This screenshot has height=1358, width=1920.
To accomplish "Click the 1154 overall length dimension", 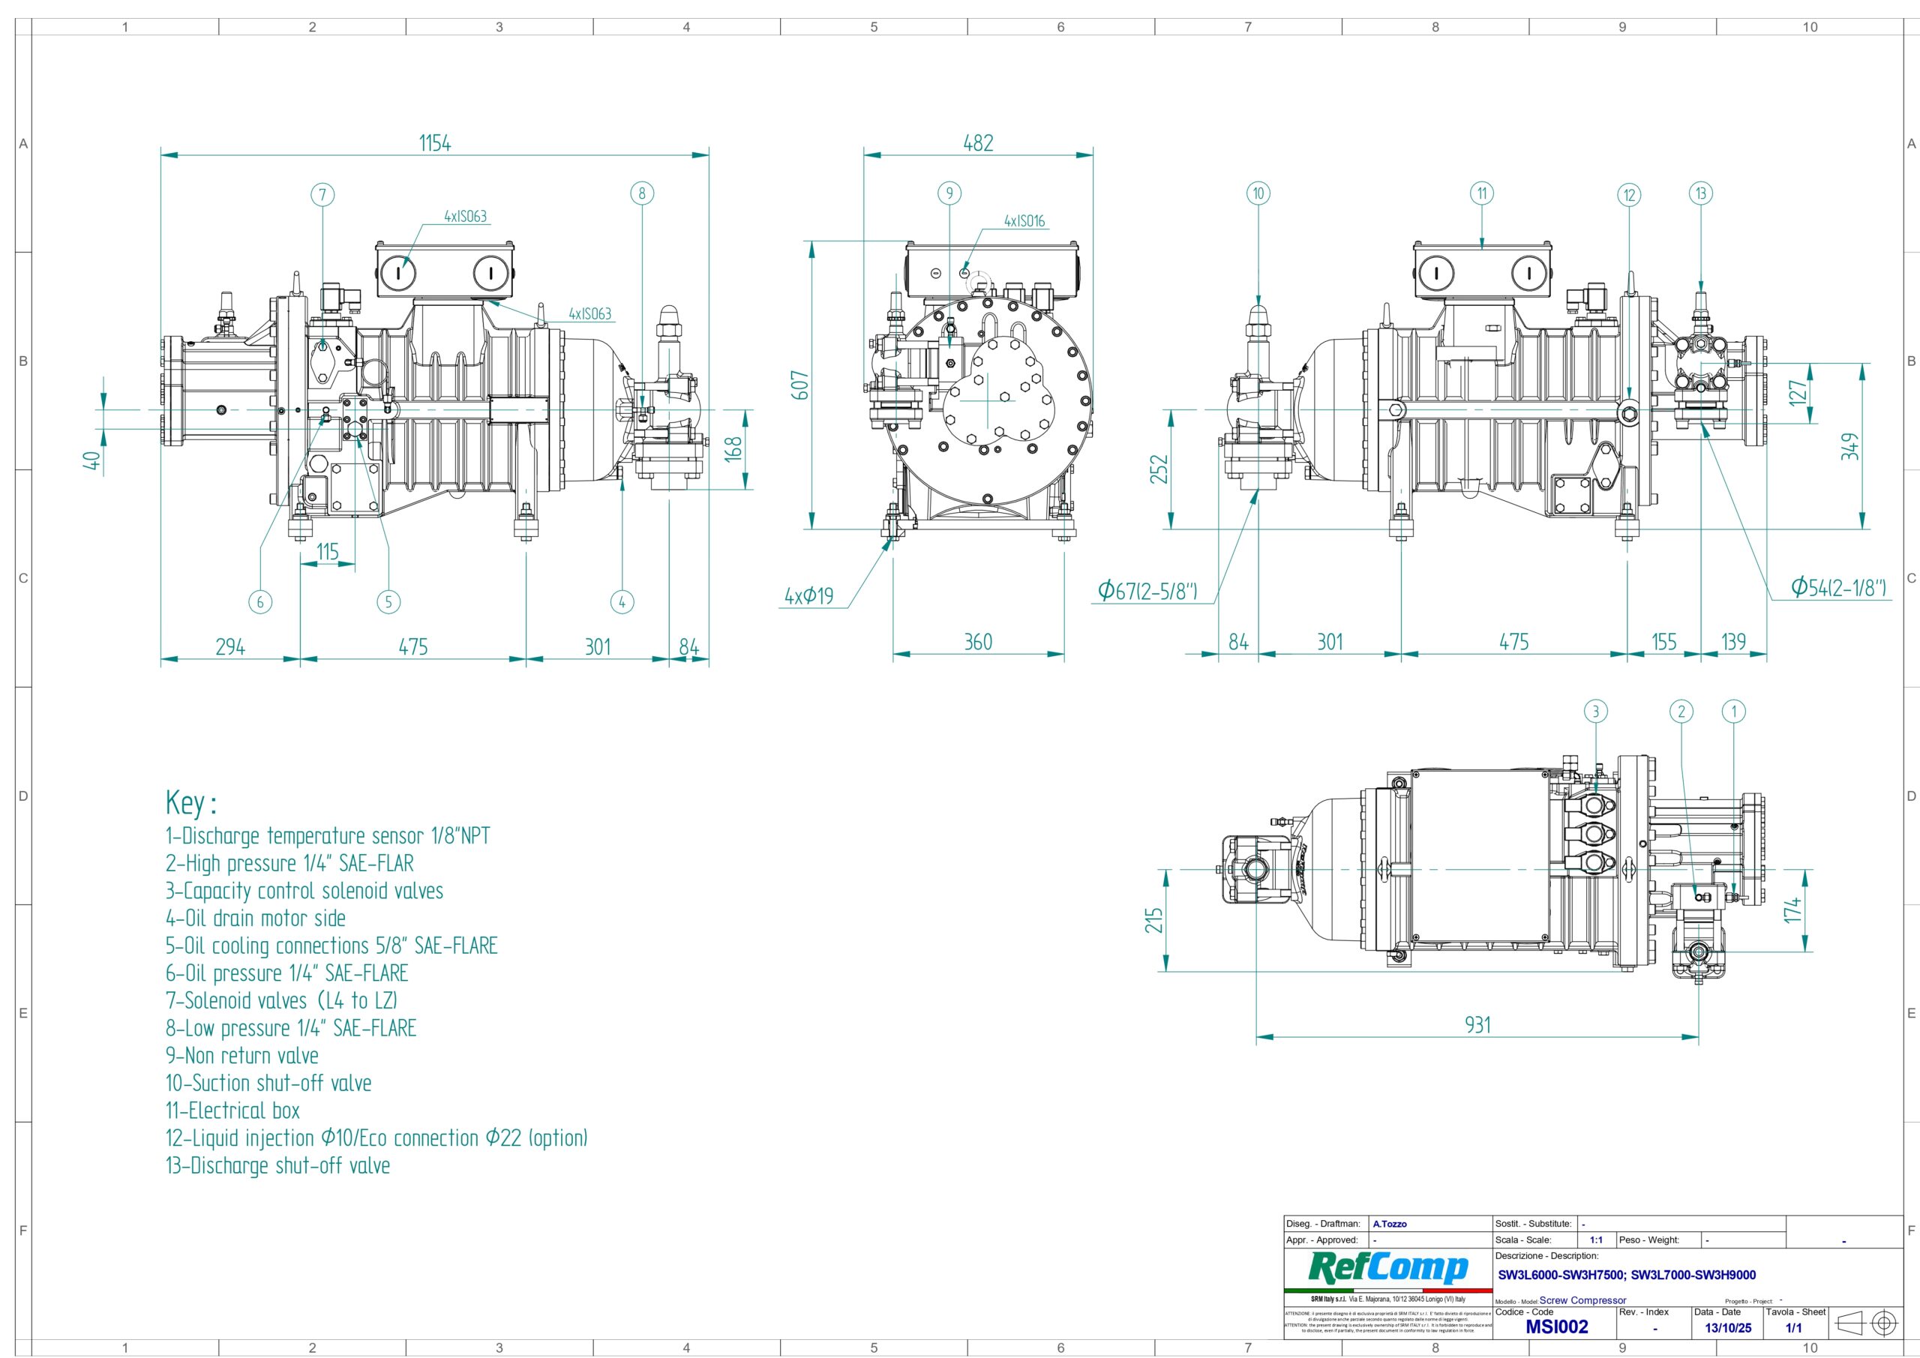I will pyautogui.click(x=435, y=143).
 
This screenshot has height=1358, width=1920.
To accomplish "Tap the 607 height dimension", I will pyautogui.click(x=800, y=385).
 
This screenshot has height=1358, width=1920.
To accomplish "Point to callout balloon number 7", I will pyautogui.click(x=322, y=195).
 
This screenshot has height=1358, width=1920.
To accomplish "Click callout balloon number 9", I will pyautogui.click(x=949, y=194).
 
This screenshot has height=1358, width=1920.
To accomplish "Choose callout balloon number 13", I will pyautogui.click(x=1701, y=194).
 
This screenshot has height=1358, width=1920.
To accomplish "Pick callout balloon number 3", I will pyautogui.click(x=1595, y=712).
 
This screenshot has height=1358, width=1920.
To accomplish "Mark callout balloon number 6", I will pyautogui.click(x=260, y=601).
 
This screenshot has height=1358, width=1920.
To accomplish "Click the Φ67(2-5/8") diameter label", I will pyautogui.click(x=1147, y=591).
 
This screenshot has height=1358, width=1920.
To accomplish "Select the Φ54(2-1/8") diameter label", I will pyautogui.click(x=1838, y=588).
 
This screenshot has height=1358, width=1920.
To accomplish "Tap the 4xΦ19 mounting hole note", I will pyautogui.click(x=808, y=596).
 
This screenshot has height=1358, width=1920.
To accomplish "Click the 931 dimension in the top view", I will pyautogui.click(x=1477, y=1024).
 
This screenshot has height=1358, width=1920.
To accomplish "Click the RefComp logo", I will pyautogui.click(x=1388, y=1269).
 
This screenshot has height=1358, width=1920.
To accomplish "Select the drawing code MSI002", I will pyautogui.click(x=1556, y=1327).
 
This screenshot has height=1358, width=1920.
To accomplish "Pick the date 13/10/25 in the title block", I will pyautogui.click(x=1728, y=1328).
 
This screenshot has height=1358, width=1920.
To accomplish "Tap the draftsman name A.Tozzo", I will pyautogui.click(x=1390, y=1225).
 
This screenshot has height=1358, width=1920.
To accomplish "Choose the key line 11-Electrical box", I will pyautogui.click(x=232, y=1111).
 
